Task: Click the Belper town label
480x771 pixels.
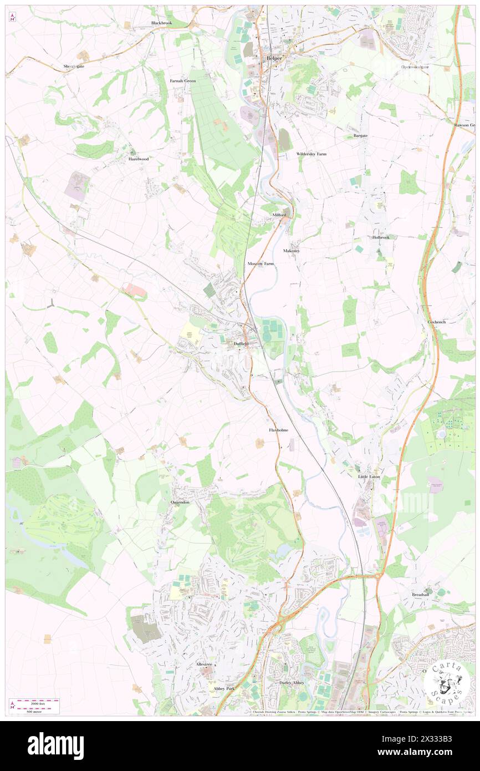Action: (x=274, y=58)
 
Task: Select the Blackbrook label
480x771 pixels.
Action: (x=162, y=23)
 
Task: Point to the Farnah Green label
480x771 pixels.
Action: (x=182, y=81)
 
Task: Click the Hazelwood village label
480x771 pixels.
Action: (x=139, y=159)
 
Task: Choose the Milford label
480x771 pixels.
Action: (x=279, y=214)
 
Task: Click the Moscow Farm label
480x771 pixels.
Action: (x=261, y=263)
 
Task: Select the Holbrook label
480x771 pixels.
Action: (x=381, y=237)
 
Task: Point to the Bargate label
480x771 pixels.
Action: (x=360, y=136)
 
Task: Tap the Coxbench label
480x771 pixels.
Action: (x=437, y=321)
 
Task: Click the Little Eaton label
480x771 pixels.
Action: (x=368, y=476)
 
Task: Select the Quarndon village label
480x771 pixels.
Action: (x=180, y=502)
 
